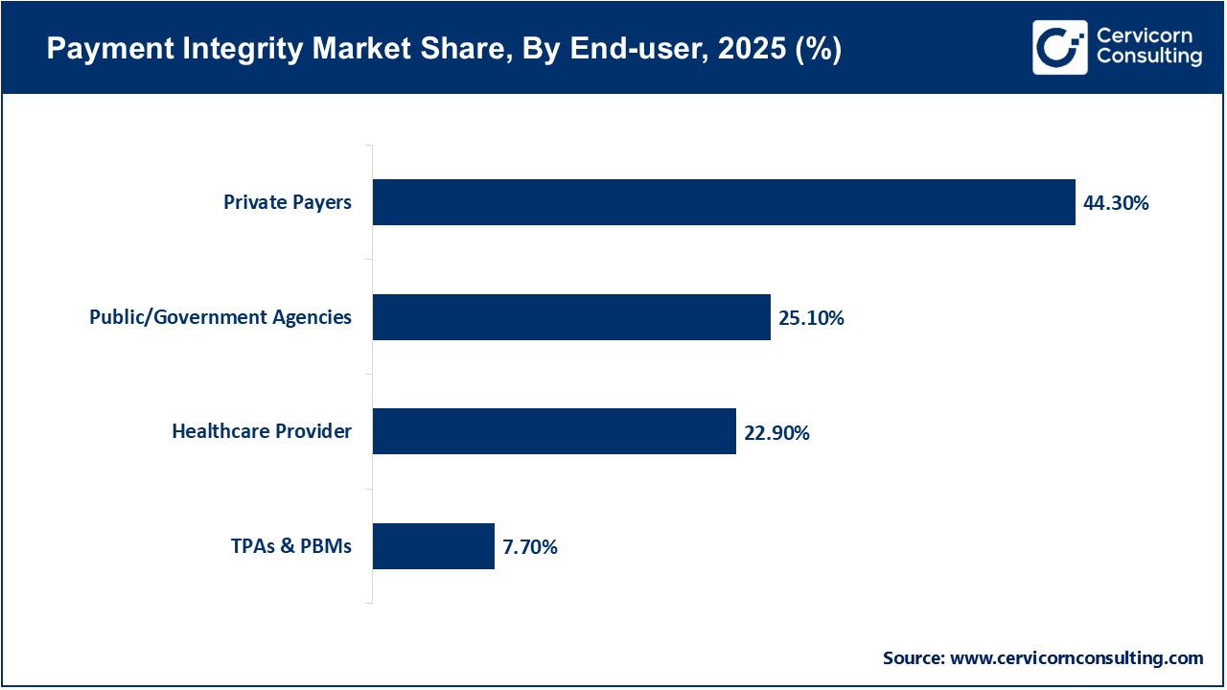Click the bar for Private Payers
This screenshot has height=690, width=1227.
pyautogui.click(x=724, y=202)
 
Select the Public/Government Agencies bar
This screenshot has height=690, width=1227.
pyautogui.click(x=571, y=317)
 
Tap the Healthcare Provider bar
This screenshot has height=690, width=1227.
pyautogui.click(x=554, y=431)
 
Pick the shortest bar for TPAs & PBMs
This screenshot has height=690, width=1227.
pyautogui.click(x=433, y=546)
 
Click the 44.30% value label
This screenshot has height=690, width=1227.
pyautogui.click(x=1116, y=203)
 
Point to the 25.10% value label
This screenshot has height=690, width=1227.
pyautogui.click(x=811, y=318)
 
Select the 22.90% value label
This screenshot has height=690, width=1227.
pyautogui.click(x=776, y=433)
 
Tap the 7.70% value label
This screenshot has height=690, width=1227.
pyautogui.click(x=530, y=547)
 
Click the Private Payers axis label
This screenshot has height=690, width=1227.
pyautogui.click(x=288, y=202)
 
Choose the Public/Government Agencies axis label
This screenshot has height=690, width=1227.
pyautogui.click(x=220, y=317)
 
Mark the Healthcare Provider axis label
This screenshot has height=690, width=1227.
pyautogui.click(x=262, y=431)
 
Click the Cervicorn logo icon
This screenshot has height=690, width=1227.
pyautogui.click(x=1059, y=47)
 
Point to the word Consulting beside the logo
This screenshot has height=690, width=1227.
pyautogui.click(x=1148, y=57)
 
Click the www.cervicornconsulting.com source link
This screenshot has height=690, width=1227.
pyautogui.click(x=1077, y=657)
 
